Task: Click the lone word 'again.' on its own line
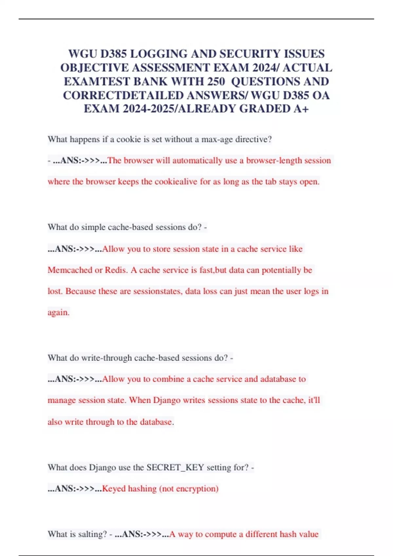click(x=59, y=313)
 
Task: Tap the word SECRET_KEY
click(x=175, y=468)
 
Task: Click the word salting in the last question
click(x=93, y=534)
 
